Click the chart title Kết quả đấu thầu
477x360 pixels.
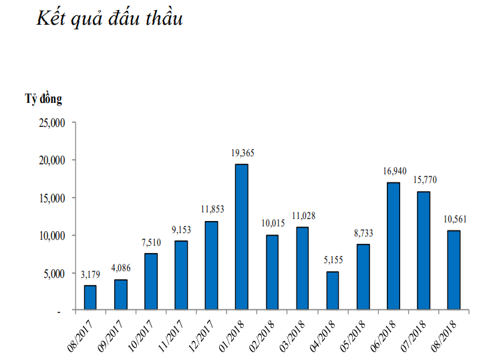coord(110,19)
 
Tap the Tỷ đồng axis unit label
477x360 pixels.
coord(44,99)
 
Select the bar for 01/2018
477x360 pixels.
coord(241,237)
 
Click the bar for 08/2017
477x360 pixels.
coord(90,298)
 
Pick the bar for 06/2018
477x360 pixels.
coord(393,246)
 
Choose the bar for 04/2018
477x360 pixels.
coord(332,291)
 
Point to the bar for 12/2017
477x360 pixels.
coord(211,265)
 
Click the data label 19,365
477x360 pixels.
coord(243,154)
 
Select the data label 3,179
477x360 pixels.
coord(92,275)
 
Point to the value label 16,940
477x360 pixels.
coord(393,172)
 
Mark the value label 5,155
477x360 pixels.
coord(333,260)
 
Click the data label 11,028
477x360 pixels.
coord(303,216)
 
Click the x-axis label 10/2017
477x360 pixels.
coord(143,333)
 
